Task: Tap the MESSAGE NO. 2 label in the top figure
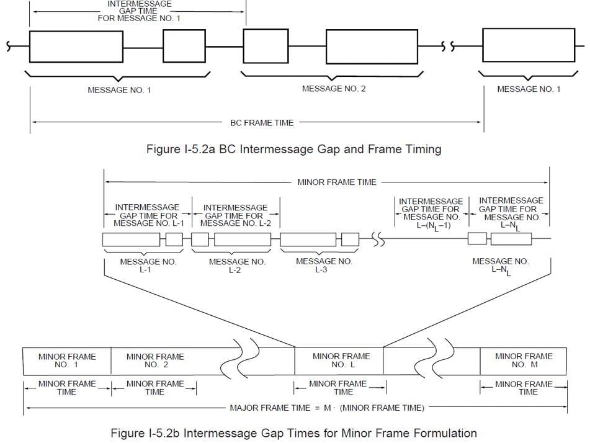(334, 89)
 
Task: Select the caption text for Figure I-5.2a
(293, 149)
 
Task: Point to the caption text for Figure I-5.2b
(293, 432)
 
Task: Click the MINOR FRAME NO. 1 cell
(67, 360)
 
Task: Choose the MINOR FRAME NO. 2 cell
(155, 360)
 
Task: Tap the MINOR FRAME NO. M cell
(524, 360)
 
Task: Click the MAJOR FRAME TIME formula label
(327, 408)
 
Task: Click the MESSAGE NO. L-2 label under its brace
(237, 266)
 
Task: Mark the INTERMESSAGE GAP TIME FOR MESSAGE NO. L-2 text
(236, 215)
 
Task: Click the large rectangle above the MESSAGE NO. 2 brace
(371, 47)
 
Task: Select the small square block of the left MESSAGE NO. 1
(179, 47)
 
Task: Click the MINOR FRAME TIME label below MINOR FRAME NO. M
(524, 388)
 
